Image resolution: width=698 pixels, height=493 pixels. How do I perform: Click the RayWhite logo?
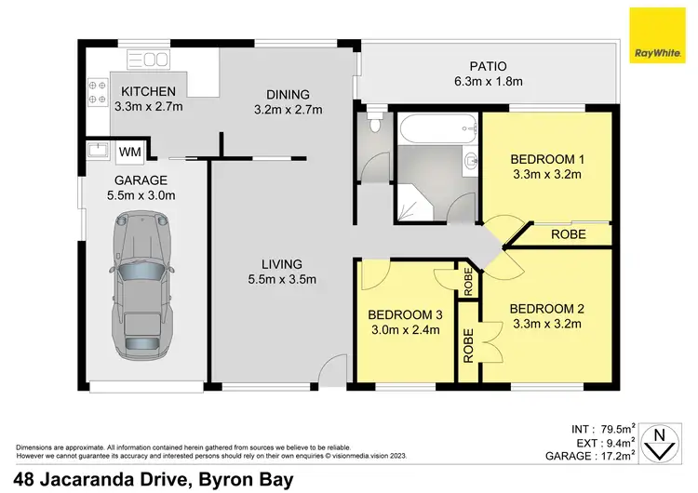[x=656, y=35]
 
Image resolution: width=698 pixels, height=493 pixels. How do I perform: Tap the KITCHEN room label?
[x=148, y=91]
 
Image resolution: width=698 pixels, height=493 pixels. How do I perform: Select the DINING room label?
[x=287, y=94]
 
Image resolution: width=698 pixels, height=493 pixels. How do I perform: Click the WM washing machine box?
[x=130, y=151]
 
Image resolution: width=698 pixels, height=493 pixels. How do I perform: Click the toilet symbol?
[x=374, y=122]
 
